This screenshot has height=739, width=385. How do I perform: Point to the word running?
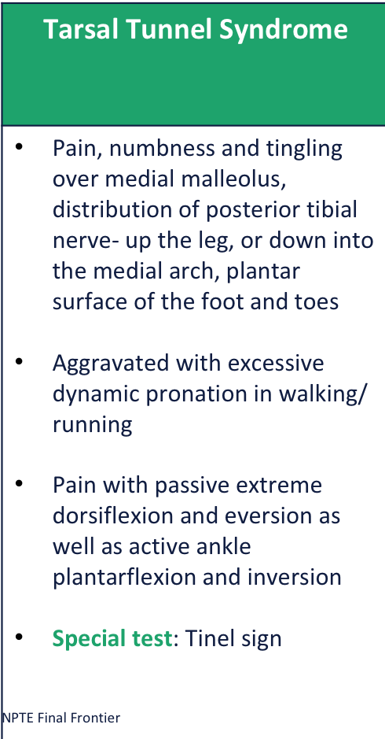click(x=92, y=425)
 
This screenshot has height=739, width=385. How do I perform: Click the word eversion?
click(x=264, y=515)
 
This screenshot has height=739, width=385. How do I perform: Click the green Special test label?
click(x=112, y=637)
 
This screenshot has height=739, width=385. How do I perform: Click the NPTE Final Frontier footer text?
click(x=61, y=719)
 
